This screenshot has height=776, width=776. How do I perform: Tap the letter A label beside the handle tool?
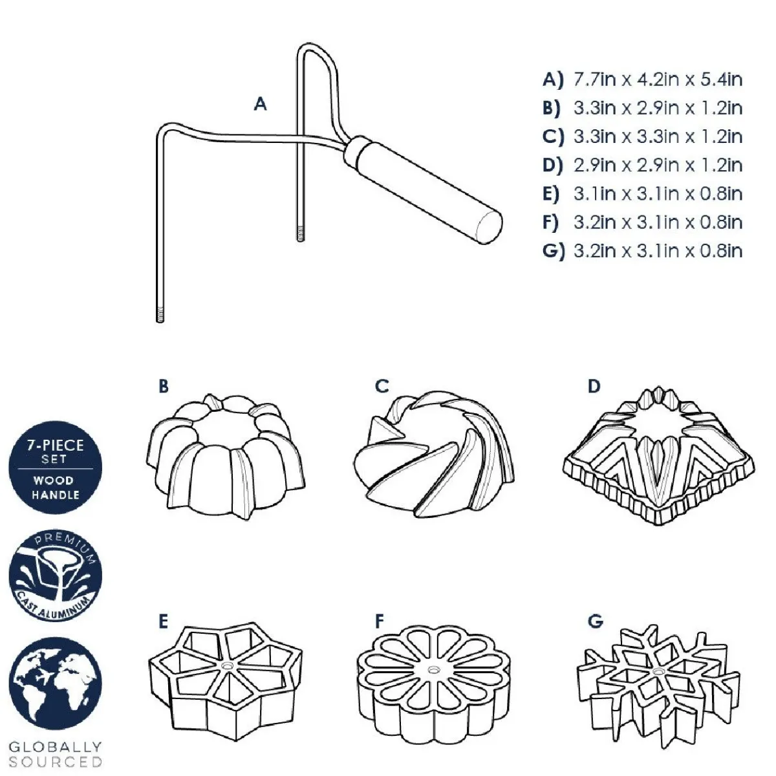pos(260,104)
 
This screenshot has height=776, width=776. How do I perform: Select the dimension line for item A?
pos(643,80)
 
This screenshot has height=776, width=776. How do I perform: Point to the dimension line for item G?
pos(643,251)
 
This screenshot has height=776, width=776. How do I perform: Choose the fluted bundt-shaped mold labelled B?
pos(226,457)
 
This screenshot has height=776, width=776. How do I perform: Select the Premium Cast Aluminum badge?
pos(56,576)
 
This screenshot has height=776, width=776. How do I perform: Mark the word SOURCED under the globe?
pos(55,762)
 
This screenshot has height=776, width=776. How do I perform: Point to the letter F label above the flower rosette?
pos(380,621)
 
